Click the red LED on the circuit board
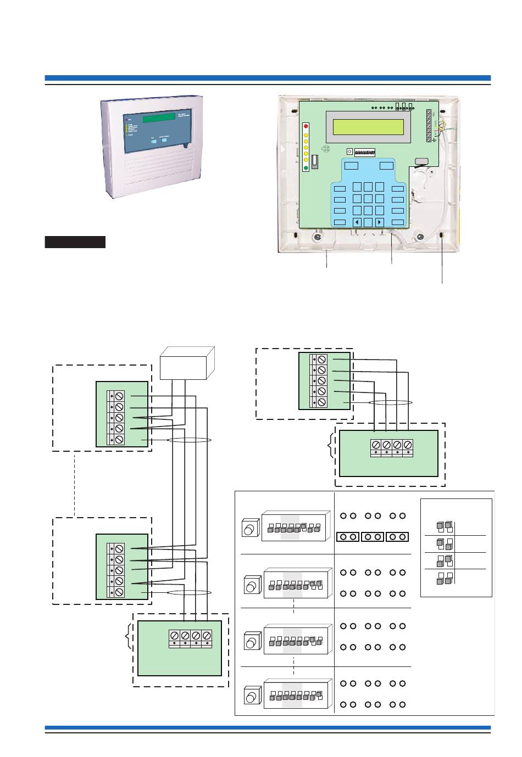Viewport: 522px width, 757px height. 306,126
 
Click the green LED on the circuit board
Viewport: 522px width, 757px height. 306,167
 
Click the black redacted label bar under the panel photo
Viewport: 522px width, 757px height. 75,242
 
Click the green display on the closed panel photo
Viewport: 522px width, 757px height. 158,119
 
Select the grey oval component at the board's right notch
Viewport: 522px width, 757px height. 421,161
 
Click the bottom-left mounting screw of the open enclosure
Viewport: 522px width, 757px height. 317,238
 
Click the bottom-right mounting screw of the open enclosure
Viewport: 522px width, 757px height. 419,237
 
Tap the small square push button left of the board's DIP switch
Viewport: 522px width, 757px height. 349,152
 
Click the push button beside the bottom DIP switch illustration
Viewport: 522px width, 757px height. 251,697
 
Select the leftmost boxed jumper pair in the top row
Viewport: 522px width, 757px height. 347,536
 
